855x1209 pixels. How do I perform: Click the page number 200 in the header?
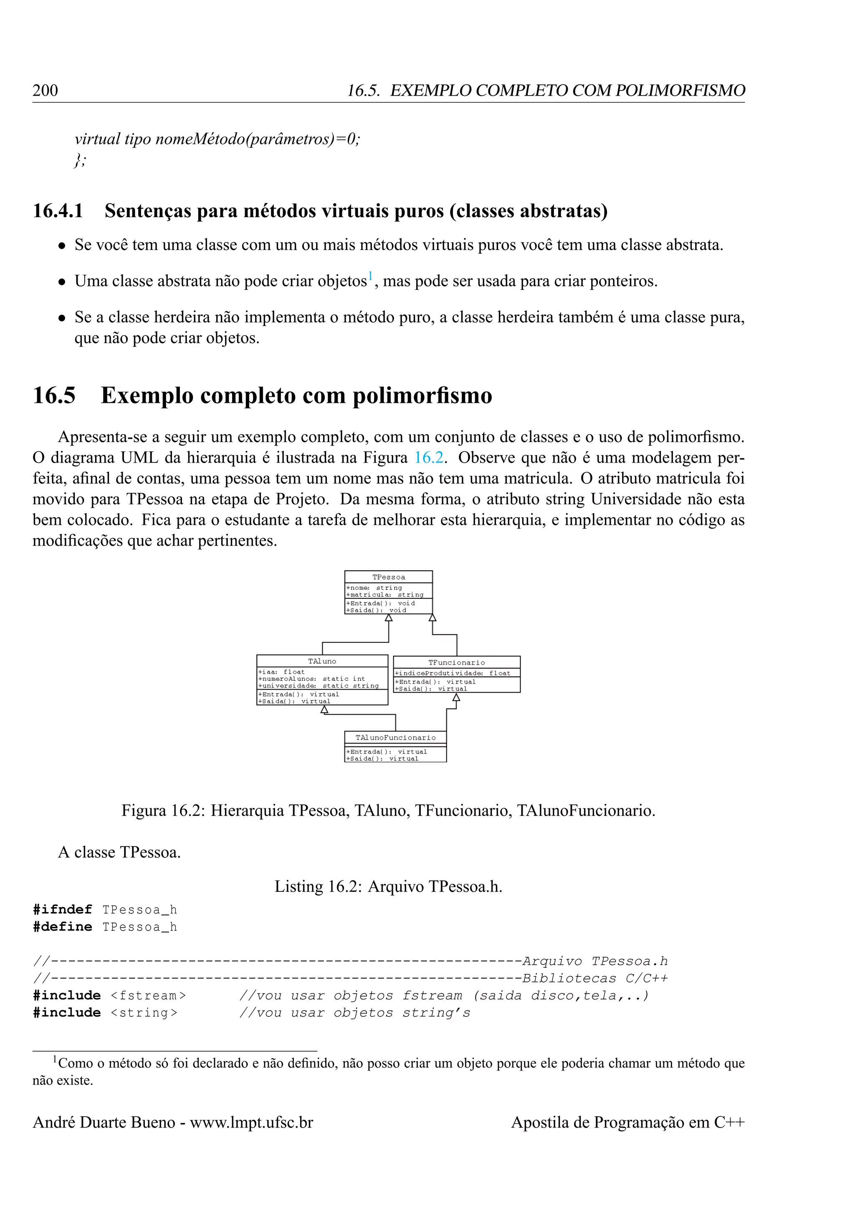[45, 91]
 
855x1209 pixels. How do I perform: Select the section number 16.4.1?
[58, 211]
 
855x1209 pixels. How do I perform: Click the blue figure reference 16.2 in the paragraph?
[429, 457]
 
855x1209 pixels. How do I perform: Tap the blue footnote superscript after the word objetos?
[370, 276]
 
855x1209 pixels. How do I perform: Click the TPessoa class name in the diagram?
[389, 577]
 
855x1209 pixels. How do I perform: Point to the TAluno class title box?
[322, 661]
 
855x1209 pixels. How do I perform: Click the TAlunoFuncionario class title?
[395, 738]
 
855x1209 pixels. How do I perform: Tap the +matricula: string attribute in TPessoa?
[385, 594]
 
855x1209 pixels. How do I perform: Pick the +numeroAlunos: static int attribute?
[311, 679]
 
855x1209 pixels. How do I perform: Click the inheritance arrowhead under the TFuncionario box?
[456, 697]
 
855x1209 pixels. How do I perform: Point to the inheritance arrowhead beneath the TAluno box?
[325, 709]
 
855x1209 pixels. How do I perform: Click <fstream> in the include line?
[149, 995]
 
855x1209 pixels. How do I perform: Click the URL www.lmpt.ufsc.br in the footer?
[252, 1122]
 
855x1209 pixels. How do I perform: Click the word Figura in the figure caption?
[144, 810]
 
